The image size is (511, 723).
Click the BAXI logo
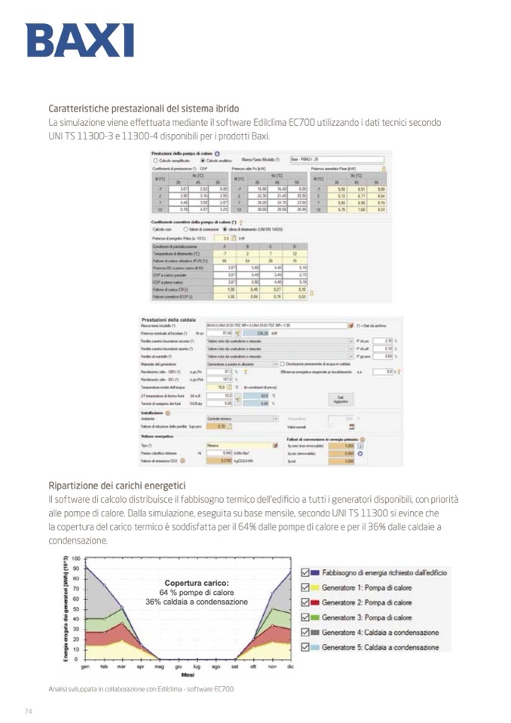click(79, 40)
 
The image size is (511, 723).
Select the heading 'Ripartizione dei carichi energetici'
click(117, 485)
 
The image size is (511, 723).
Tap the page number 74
click(29, 711)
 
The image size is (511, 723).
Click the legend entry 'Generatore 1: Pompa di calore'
click(366, 588)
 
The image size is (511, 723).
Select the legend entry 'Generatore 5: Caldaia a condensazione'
click(380, 647)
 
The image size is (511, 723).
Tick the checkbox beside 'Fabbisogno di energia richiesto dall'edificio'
click(305, 573)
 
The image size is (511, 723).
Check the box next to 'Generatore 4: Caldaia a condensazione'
click(305, 632)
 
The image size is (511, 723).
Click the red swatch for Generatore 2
click(316, 602)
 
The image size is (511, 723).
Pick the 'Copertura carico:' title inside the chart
click(196, 583)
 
